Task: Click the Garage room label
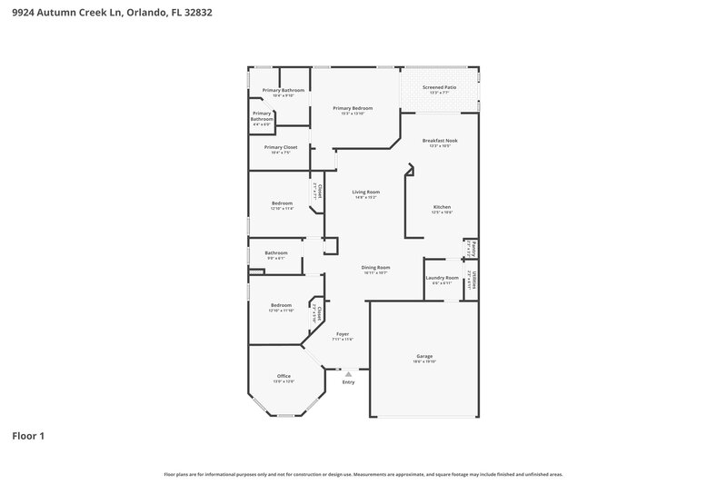(x=423, y=355)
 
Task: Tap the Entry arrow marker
(x=347, y=373)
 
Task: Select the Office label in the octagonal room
(x=284, y=375)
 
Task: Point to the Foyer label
(x=343, y=334)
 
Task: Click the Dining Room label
(x=375, y=267)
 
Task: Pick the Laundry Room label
(x=441, y=277)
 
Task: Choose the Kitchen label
(x=442, y=206)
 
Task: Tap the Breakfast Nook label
(x=440, y=140)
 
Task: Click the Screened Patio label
(x=440, y=87)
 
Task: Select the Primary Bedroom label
(x=353, y=108)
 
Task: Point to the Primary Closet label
(x=281, y=147)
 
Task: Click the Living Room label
(x=366, y=192)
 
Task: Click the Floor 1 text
(x=28, y=436)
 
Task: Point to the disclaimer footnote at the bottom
(x=363, y=474)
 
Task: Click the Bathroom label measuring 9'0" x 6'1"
(x=276, y=252)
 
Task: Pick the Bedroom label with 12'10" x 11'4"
(x=282, y=202)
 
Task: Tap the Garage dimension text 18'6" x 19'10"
(x=423, y=361)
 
